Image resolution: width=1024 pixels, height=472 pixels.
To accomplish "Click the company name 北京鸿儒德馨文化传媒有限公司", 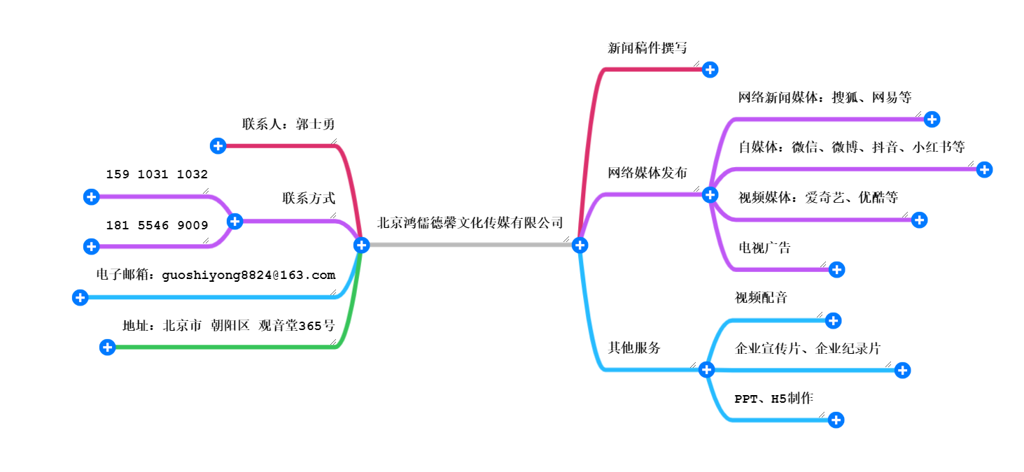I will tap(470, 223).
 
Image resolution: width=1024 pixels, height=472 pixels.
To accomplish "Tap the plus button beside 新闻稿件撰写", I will tap(710, 69).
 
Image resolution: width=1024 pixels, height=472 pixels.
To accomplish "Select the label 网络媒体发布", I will tap(647, 173).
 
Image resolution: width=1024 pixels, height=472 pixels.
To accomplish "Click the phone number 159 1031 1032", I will tap(157, 175).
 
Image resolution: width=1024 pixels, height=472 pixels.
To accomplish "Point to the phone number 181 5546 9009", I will tap(157, 225).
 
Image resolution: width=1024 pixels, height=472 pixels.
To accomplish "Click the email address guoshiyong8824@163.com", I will tap(248, 275).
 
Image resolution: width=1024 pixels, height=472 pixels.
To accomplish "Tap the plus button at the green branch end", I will tap(107, 347).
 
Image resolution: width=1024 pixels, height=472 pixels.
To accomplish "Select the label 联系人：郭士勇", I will tap(288, 124).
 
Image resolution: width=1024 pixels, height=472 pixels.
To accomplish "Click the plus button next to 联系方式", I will tap(235, 222).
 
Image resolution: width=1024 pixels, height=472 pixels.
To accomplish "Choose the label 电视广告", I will tap(764, 248).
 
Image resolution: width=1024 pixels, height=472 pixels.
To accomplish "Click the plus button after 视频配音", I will tap(833, 320).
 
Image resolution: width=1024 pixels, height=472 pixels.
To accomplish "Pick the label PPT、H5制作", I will tap(773, 399).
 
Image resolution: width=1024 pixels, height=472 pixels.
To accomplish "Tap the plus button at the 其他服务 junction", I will tap(707, 370).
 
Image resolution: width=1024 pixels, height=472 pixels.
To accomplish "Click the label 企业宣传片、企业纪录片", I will tap(808, 348).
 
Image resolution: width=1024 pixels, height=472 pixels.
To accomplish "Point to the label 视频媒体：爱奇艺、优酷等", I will tap(818, 198).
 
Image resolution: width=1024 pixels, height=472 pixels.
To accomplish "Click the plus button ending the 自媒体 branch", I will tap(984, 169).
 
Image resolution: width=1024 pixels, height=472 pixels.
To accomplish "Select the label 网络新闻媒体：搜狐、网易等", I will tap(825, 97).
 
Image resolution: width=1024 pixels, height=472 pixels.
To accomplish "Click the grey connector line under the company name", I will tap(469, 245).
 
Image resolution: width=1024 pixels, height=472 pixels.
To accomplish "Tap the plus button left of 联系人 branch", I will tap(218, 145).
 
